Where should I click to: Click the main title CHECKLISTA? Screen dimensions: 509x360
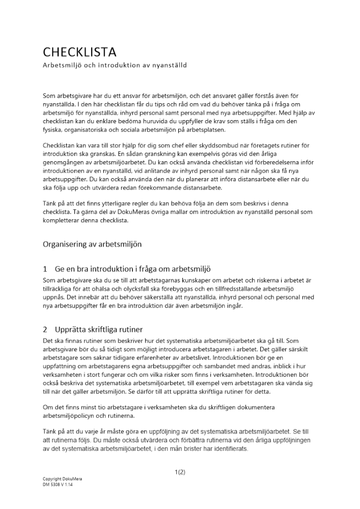coord(79,52)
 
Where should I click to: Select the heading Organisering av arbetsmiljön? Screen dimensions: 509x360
coord(92,244)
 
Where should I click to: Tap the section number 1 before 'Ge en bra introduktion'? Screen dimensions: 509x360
coord(45,268)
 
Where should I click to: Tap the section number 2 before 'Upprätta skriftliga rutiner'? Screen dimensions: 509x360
coord(45,329)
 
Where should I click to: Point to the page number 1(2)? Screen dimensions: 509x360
coord(180,472)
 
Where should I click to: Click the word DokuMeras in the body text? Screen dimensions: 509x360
coord(137,211)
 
